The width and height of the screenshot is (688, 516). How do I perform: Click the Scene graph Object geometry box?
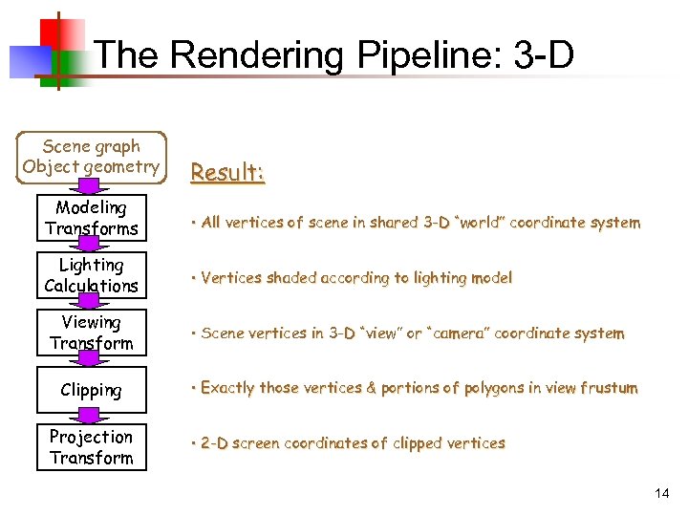(x=92, y=157)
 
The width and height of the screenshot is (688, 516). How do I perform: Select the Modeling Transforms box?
(x=92, y=218)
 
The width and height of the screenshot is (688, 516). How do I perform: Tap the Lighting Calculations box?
(x=92, y=275)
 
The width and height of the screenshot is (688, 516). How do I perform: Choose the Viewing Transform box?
(x=92, y=333)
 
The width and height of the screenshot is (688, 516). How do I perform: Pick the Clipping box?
(x=92, y=390)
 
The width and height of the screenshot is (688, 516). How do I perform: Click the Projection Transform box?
(x=92, y=447)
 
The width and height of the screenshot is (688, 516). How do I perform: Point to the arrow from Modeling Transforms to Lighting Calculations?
(x=92, y=246)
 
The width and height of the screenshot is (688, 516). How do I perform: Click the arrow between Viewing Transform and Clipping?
(x=92, y=360)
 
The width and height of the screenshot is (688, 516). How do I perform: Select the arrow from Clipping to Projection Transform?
(x=92, y=416)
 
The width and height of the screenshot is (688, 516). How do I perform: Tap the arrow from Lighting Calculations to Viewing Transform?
(x=92, y=303)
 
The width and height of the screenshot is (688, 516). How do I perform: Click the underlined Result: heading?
(x=227, y=173)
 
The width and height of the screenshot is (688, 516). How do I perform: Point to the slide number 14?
(x=662, y=493)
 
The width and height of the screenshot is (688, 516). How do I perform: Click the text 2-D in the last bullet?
(x=214, y=443)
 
